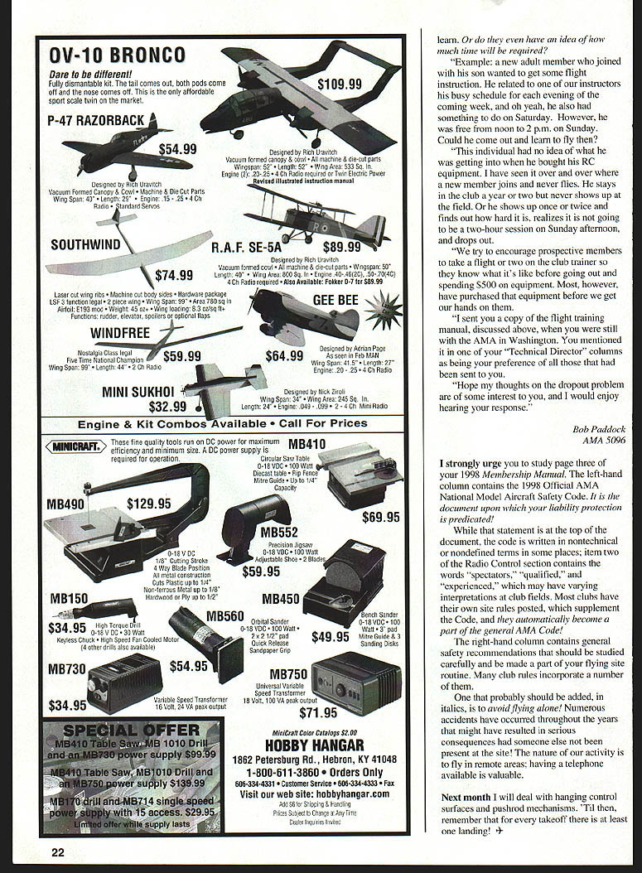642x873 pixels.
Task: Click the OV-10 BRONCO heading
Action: coord(117,55)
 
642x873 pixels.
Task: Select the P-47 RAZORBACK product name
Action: coord(96,121)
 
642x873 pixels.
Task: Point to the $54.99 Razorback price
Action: coord(177,149)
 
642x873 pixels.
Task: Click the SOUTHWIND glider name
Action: coord(86,244)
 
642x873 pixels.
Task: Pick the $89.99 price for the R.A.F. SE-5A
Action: coord(341,246)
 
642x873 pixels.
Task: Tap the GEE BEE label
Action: coord(335,299)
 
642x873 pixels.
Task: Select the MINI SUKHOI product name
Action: coord(138,391)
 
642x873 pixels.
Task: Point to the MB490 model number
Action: coord(65,503)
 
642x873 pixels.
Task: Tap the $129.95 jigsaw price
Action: coord(149,503)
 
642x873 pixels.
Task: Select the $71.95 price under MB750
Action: coord(318,711)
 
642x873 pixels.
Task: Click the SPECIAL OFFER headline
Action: coord(131,730)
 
